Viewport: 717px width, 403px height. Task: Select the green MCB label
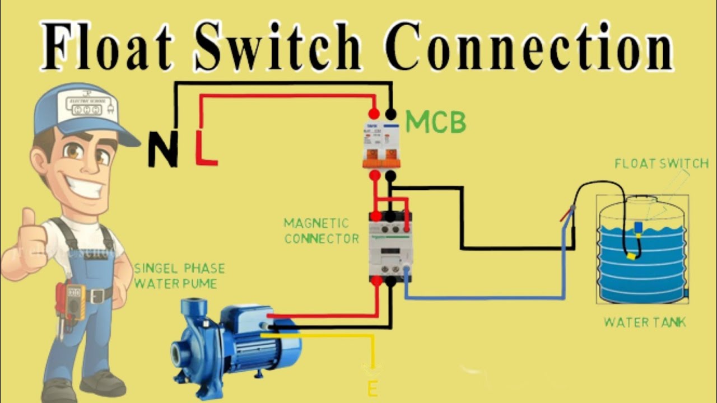pyautogui.click(x=436, y=122)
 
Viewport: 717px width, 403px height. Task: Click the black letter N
pyautogui.click(x=163, y=149)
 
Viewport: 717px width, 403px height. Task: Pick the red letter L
pyautogui.click(x=206, y=147)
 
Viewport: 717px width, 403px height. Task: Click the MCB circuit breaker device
pyautogui.click(x=382, y=144)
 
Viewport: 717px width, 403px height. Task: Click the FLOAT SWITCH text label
pyautogui.click(x=662, y=164)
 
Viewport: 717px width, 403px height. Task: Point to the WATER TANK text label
pyautogui.click(x=645, y=322)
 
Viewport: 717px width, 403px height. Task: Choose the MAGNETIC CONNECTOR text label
pyautogui.click(x=321, y=231)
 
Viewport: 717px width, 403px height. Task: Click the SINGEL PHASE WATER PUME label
pyautogui.click(x=179, y=276)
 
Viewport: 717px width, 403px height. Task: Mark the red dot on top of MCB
pyautogui.click(x=373, y=114)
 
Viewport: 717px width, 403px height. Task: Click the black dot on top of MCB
pyautogui.click(x=390, y=114)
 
